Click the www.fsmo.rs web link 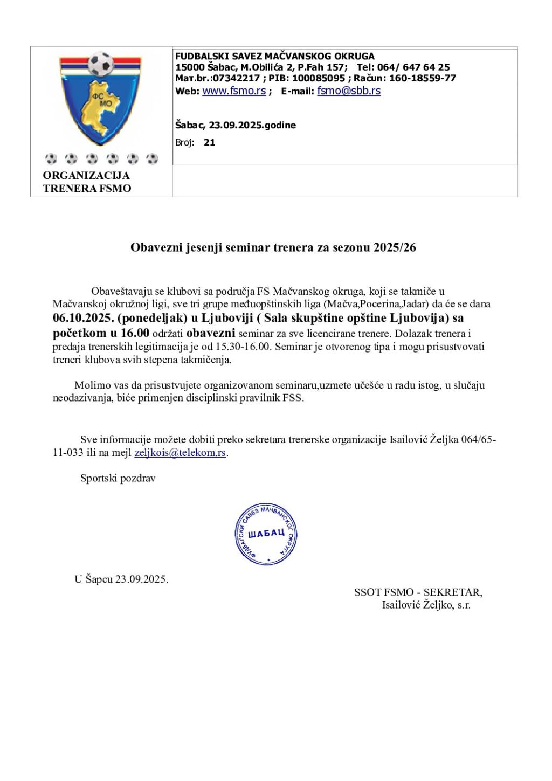[x=233, y=91]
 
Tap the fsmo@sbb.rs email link [x=349, y=91]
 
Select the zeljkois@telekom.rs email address [x=180, y=453]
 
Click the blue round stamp [x=266, y=534]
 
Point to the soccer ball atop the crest [x=100, y=64]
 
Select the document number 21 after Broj [x=210, y=143]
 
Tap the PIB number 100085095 [x=318, y=78]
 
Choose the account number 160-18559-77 [x=422, y=78]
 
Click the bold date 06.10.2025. [x=84, y=318]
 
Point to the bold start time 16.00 [x=135, y=333]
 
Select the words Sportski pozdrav [x=118, y=478]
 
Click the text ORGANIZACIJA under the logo [x=86, y=176]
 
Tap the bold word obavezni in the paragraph [x=211, y=333]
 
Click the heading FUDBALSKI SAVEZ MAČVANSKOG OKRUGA [x=274, y=56]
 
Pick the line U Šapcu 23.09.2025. [x=121, y=579]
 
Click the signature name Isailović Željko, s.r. [x=426, y=605]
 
